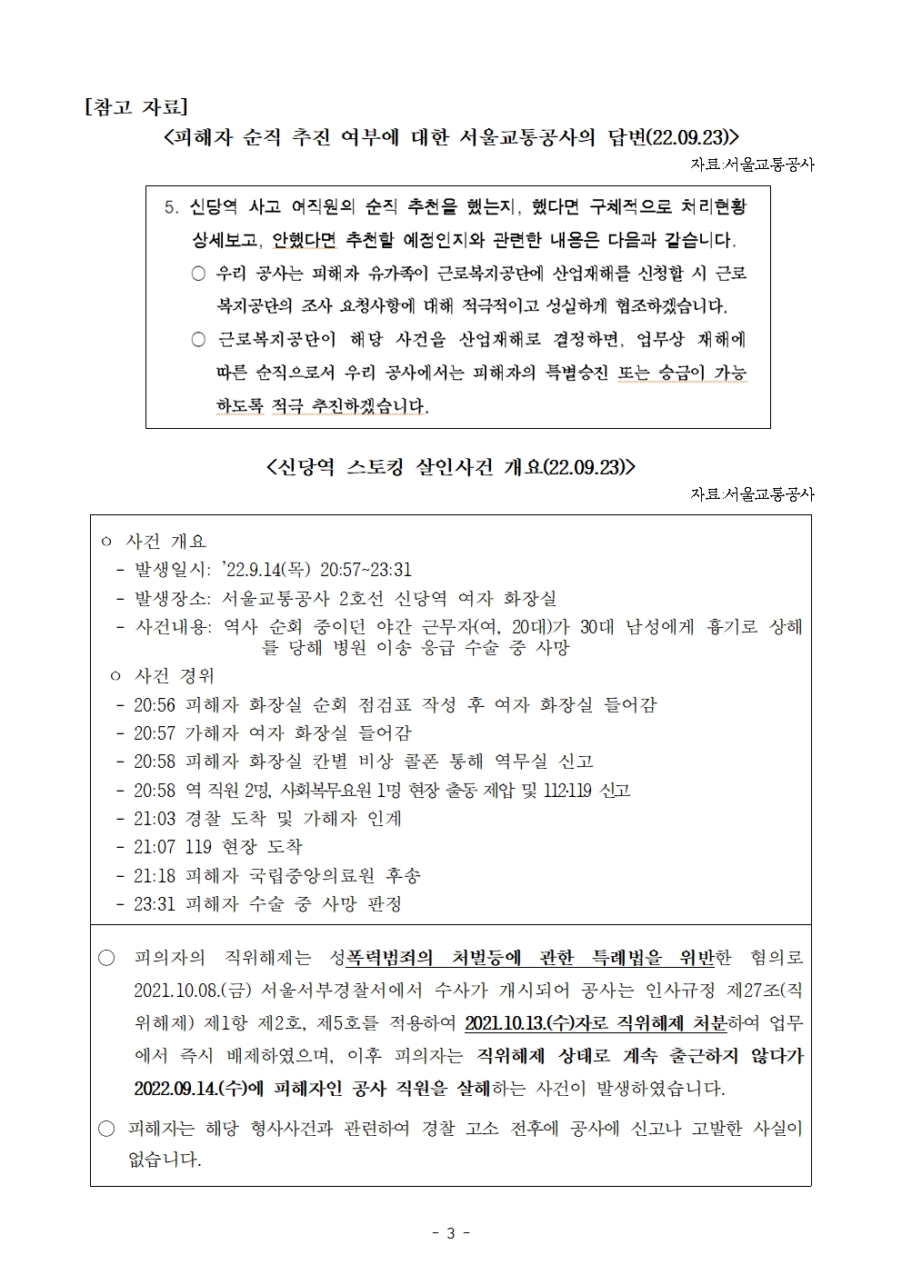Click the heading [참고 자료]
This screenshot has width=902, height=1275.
[x=135, y=106]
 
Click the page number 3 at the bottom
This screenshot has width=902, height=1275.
[x=450, y=1232]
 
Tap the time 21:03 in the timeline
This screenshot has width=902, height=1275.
[x=155, y=819]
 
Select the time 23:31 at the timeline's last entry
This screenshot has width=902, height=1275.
[x=155, y=904]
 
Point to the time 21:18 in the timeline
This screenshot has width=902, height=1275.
[x=155, y=876]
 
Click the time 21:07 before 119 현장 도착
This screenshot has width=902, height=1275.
[x=155, y=847]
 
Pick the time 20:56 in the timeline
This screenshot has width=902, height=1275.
[x=155, y=705]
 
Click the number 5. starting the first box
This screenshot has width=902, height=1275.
[x=172, y=207]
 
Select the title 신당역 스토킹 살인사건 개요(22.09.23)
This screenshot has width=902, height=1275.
[x=450, y=467]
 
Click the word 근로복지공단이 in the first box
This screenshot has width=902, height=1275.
[x=266, y=340]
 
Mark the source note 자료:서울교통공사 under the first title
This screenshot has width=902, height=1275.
[x=752, y=164]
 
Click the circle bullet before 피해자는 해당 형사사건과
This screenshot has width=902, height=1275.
[x=107, y=1129]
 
